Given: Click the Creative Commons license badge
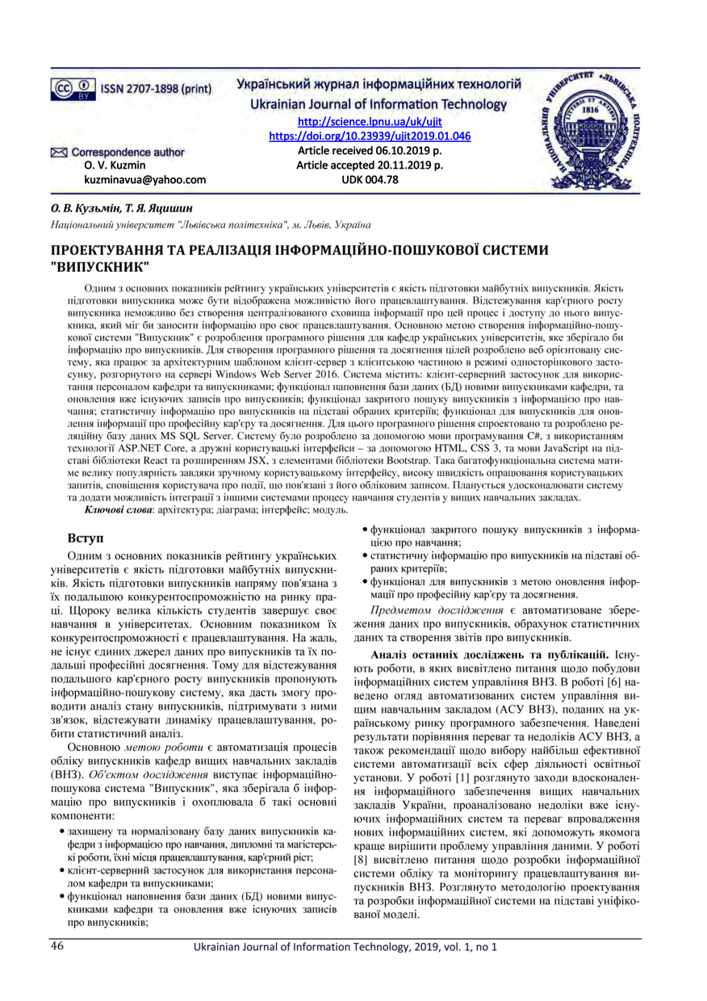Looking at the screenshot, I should (x=70, y=87).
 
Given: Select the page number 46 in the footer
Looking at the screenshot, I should (x=57, y=945).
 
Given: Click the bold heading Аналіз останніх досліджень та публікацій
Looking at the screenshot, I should (x=490, y=653).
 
